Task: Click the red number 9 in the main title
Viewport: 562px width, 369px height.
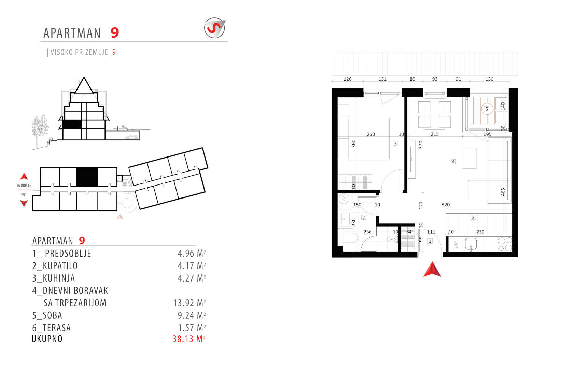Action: pos(115,33)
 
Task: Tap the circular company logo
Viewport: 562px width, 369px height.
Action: pos(214,28)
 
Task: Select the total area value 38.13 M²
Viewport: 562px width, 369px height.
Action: pos(189,339)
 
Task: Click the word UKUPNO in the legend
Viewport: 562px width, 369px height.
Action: pos(47,339)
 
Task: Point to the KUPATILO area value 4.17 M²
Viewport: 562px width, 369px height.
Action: pos(192,265)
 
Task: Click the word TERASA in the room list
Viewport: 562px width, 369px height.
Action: pos(57,328)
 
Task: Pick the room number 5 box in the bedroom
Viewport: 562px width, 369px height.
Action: pos(395,143)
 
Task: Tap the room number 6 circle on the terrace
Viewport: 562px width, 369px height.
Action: pos(487,109)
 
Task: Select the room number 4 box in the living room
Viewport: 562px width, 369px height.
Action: pos(453,161)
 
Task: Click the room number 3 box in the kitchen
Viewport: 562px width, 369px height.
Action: pos(473,217)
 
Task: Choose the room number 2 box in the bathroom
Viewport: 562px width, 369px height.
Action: pos(364,217)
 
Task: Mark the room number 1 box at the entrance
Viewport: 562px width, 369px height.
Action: pos(430,241)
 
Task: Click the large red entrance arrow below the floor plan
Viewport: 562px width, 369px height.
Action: pos(432,270)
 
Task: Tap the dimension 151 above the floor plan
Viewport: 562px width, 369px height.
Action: pos(382,79)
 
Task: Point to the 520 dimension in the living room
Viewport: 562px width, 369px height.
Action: pos(446,205)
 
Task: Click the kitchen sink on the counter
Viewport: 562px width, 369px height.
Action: pos(471,244)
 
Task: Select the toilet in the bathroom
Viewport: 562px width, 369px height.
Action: pos(351,238)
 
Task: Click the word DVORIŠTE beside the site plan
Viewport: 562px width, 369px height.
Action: pos(24,186)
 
